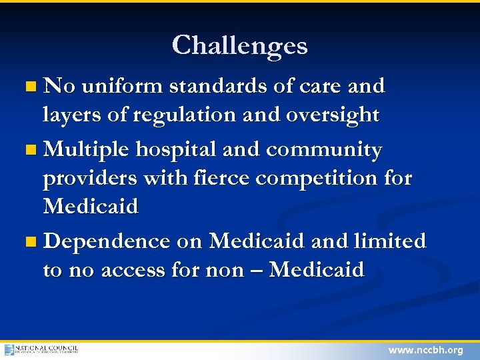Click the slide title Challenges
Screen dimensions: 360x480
point(240,45)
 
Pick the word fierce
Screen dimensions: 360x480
point(217,179)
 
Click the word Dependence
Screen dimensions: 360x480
point(107,241)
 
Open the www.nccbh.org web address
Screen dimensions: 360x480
point(425,350)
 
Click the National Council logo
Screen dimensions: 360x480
point(41,349)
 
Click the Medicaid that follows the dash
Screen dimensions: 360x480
point(317,270)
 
